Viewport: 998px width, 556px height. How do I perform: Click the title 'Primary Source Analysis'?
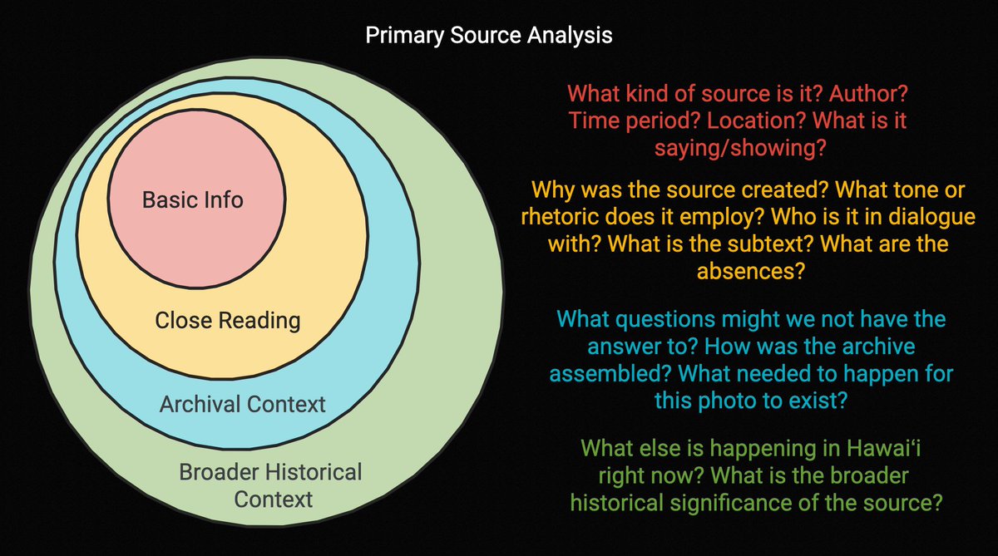(x=489, y=37)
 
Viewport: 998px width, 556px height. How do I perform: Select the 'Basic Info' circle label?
(x=193, y=199)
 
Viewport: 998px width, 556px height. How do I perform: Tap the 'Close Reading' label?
(x=228, y=320)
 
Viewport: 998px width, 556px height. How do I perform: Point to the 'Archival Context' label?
(x=242, y=405)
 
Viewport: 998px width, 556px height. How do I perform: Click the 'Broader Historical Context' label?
(x=271, y=485)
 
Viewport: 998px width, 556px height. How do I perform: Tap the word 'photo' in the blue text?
(x=734, y=401)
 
